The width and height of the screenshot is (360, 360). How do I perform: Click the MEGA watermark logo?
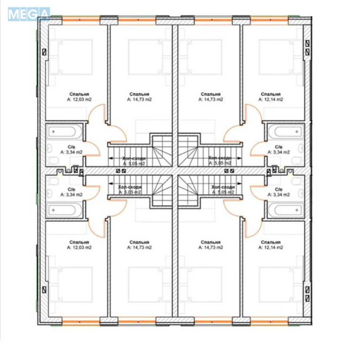(x=28, y=13)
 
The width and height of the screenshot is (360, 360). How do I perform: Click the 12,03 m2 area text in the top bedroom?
(x=79, y=99)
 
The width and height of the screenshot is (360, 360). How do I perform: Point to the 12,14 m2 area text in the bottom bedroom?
(x=271, y=247)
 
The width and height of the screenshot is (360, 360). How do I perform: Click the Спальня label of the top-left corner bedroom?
(x=79, y=94)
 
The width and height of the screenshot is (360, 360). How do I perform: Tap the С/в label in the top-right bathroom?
(x=279, y=147)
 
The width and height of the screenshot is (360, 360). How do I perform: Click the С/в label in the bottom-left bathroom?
(x=71, y=189)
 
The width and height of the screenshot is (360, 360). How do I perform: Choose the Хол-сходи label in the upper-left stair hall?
(x=133, y=158)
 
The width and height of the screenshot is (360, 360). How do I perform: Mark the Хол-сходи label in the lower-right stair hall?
(x=222, y=187)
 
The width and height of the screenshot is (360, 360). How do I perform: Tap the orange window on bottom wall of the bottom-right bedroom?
(x=269, y=322)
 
